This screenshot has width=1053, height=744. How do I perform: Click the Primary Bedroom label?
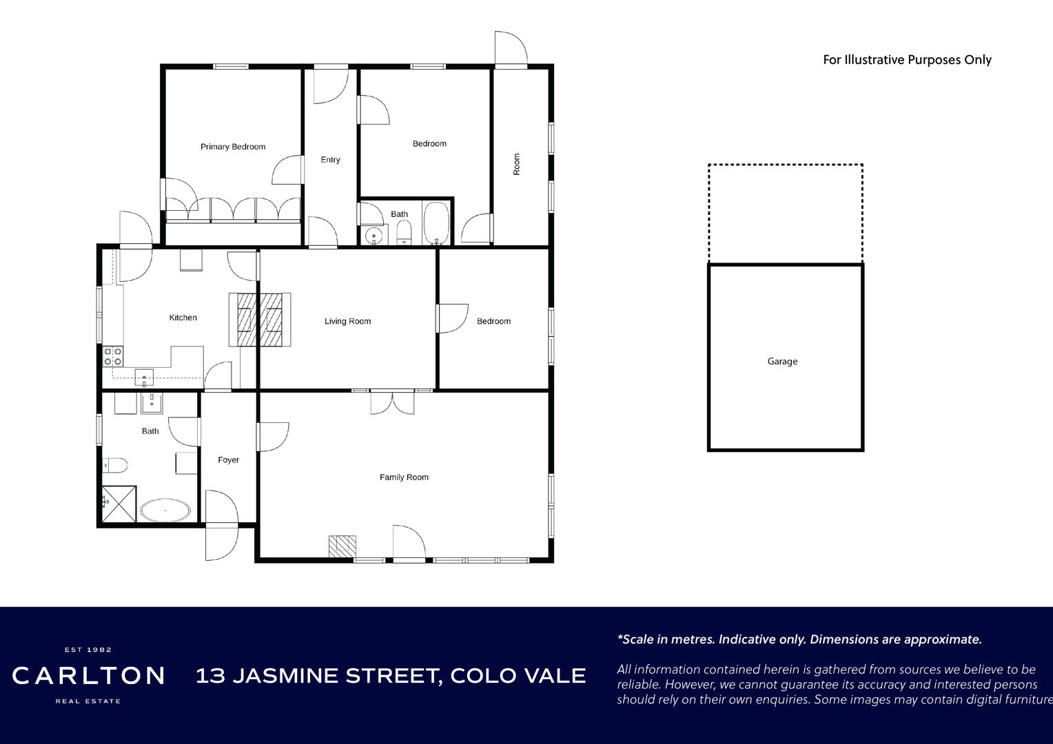233,147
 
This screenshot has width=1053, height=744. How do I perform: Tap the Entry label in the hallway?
330,160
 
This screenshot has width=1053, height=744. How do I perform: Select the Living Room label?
347,321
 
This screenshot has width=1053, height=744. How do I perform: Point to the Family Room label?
404,477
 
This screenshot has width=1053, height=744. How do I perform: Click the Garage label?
782,362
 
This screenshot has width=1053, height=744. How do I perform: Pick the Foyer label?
228,459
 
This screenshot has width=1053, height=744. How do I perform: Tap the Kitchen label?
183,318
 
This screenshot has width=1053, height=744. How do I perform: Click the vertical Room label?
517,164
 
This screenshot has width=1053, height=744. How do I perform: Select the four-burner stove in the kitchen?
113,356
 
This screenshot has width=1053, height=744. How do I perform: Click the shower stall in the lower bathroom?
119,504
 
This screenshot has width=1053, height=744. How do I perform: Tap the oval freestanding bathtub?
165,510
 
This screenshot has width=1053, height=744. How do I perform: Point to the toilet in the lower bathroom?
114,465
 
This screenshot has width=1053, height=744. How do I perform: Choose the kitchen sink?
144,377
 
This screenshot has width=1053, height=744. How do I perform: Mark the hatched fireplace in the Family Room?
343,546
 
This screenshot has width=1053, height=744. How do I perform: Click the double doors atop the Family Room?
392,402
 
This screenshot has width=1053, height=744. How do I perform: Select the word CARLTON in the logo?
88,676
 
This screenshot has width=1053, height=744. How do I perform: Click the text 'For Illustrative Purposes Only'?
907,60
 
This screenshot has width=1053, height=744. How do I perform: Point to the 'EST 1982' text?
88,650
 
